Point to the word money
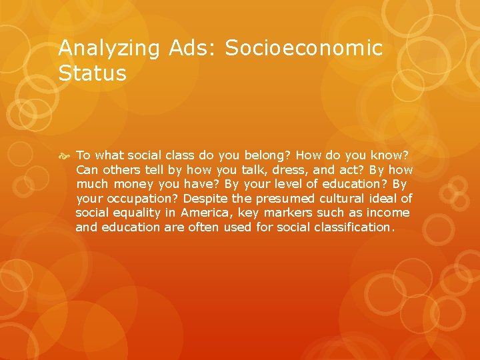tap(134, 184)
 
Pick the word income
tap(387, 213)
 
